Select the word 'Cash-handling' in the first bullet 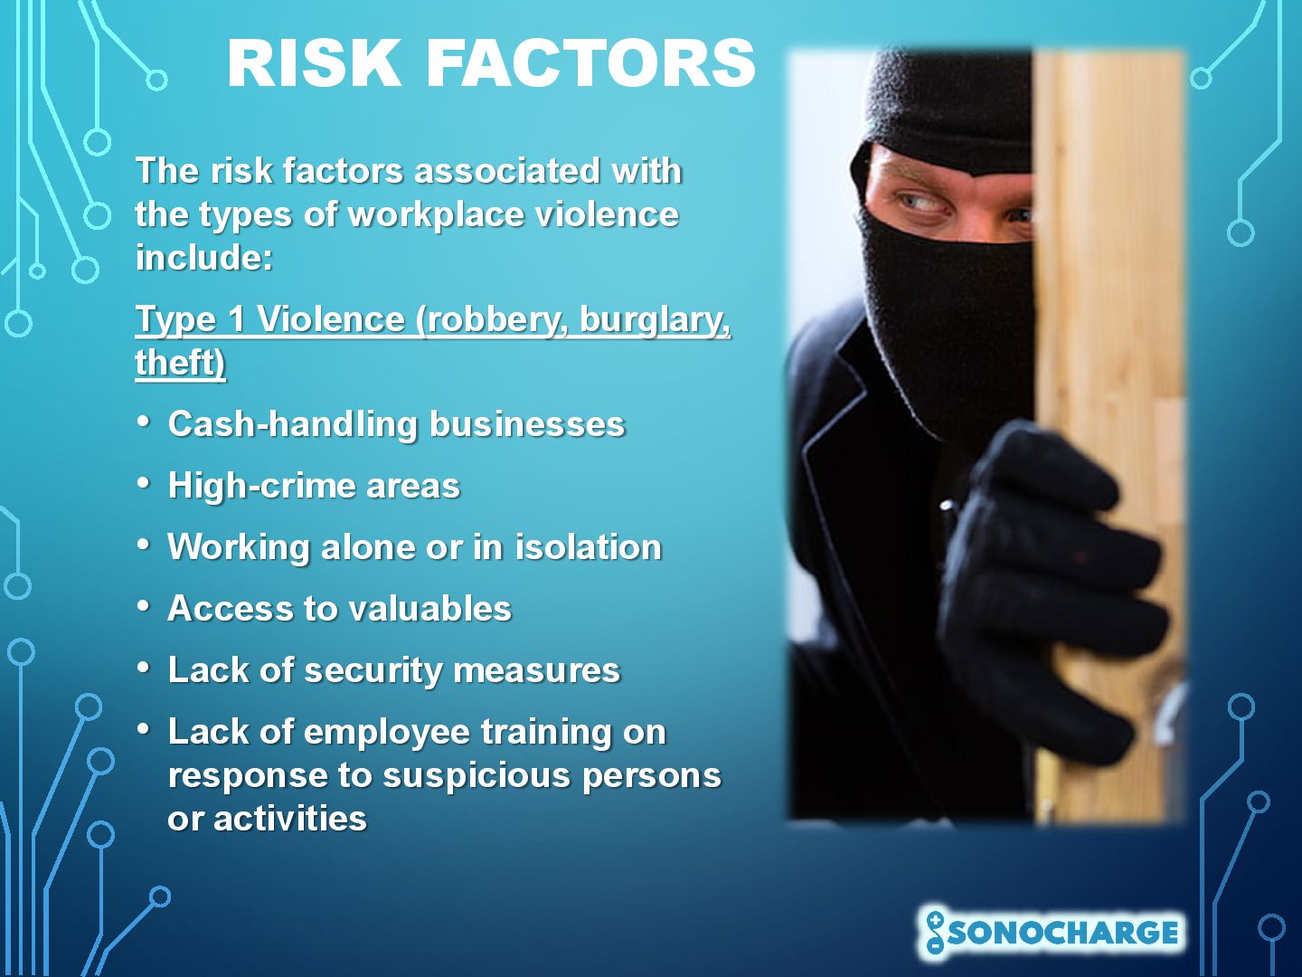pyautogui.click(x=292, y=425)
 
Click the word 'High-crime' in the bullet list pyautogui.click(x=260, y=486)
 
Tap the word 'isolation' pyautogui.click(x=588, y=546)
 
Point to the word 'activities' pyautogui.click(x=290, y=819)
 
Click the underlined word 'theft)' pyautogui.click(x=180, y=362)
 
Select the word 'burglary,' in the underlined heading pyautogui.click(x=655, y=320)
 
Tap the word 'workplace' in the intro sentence pyautogui.click(x=436, y=215)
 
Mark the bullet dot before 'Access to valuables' pyautogui.click(x=143, y=606)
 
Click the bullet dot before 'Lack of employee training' pyautogui.click(x=143, y=729)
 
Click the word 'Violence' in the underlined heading pyautogui.click(x=330, y=319)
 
